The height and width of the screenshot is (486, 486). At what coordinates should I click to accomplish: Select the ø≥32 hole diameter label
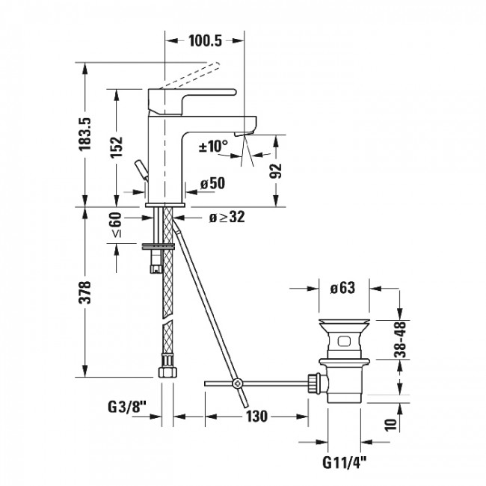[x=227, y=218]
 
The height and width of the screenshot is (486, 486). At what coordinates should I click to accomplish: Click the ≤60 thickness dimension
[x=116, y=226]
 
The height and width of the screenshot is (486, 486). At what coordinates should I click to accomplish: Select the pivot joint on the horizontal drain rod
[x=237, y=384]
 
